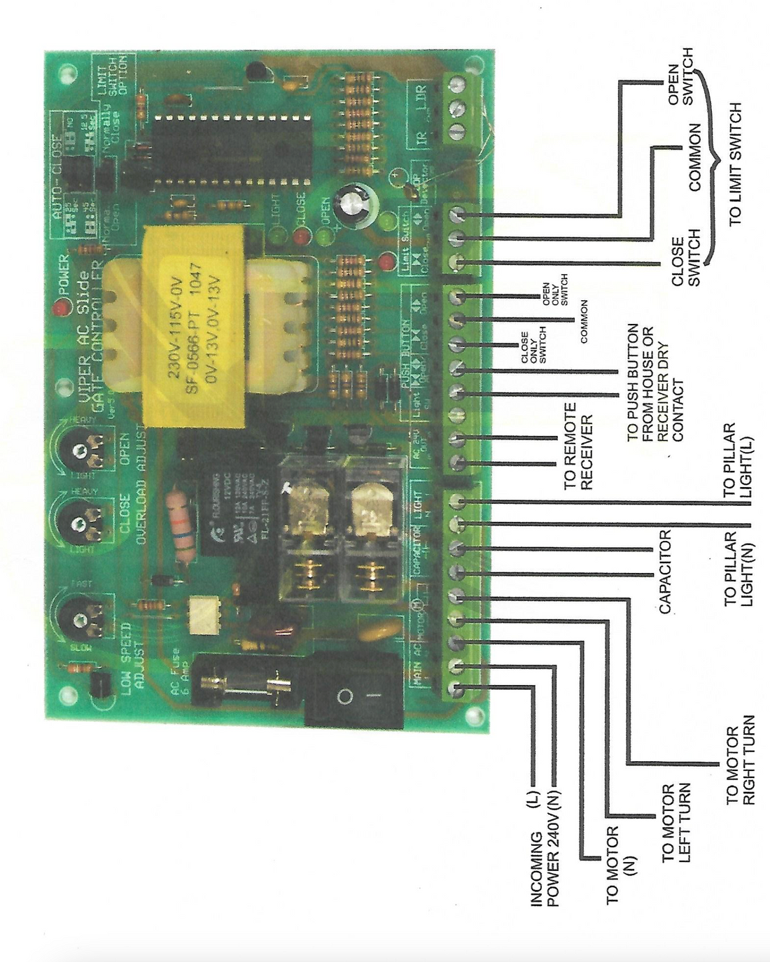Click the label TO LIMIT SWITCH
734,165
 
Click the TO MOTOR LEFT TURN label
676,823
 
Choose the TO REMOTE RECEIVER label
577,446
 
